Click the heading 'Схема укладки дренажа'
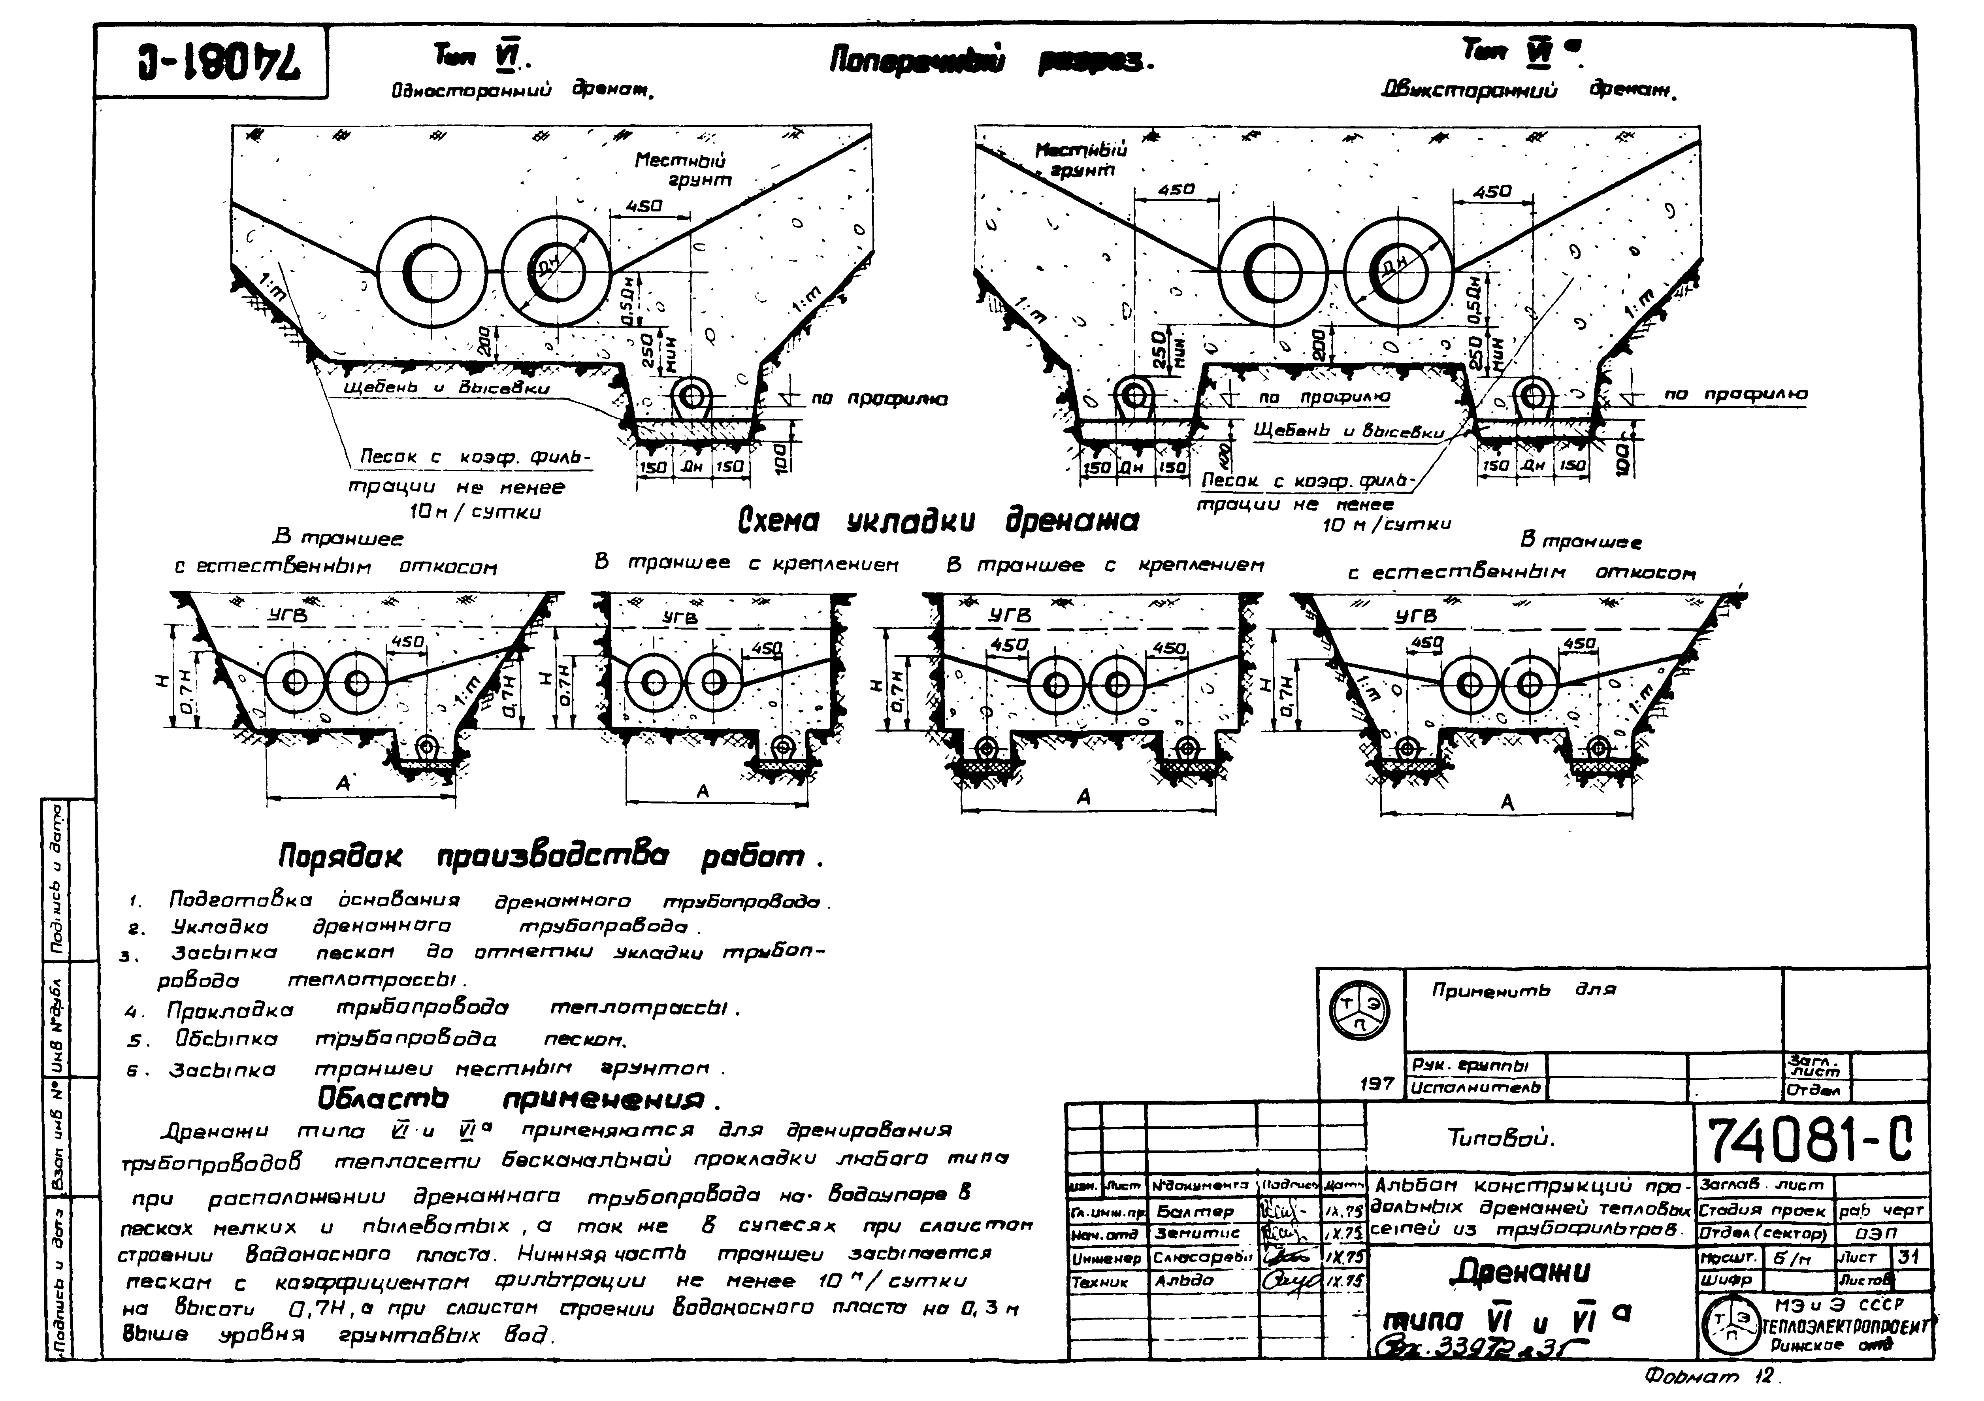point(938,521)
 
